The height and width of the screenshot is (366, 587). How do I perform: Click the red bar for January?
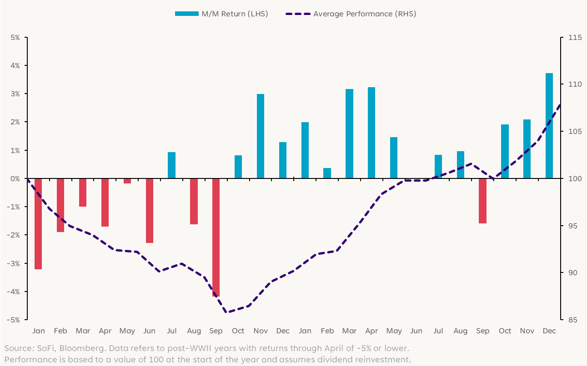click(x=38, y=223)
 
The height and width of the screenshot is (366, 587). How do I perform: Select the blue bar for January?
click(x=305, y=150)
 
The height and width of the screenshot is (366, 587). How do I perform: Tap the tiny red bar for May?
click(x=127, y=181)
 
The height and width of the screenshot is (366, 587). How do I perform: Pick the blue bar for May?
click(x=394, y=158)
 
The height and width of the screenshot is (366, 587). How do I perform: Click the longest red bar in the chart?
click(x=216, y=237)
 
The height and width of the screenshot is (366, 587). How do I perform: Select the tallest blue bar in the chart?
click(x=549, y=126)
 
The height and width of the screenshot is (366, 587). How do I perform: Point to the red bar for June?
click(x=150, y=211)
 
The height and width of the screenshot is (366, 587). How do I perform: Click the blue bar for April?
click(x=371, y=133)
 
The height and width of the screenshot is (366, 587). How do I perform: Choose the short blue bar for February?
click(x=327, y=173)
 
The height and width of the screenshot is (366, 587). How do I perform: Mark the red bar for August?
click(x=194, y=201)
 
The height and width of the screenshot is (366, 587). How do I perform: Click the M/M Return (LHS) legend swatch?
click(x=187, y=14)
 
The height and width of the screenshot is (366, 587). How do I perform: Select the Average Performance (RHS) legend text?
click(x=365, y=14)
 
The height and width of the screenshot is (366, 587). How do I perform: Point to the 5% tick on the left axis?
click(x=15, y=37)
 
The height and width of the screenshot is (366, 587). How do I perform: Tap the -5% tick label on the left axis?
click(x=14, y=320)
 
